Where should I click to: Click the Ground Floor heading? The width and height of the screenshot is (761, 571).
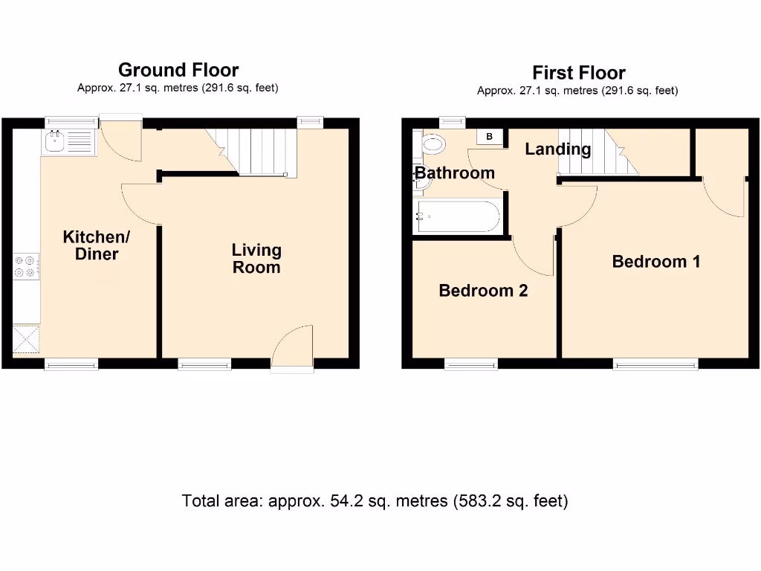point(178,70)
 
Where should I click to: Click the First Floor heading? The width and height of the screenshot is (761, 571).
point(578,73)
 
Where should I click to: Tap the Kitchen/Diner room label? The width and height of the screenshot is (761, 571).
point(97,245)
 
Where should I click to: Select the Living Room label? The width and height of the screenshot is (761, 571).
point(256,258)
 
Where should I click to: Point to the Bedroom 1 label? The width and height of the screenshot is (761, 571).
point(655,262)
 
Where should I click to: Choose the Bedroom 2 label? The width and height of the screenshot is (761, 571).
point(483,291)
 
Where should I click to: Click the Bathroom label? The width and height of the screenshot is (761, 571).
point(454,173)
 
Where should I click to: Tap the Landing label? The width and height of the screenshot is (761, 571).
point(557,149)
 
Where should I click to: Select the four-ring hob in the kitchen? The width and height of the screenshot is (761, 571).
point(26,266)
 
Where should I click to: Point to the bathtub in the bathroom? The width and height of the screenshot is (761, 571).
point(458,216)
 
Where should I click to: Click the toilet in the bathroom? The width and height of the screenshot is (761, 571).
point(431,143)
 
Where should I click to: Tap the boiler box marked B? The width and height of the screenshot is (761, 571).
point(490,137)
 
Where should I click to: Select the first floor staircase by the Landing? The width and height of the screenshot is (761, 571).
point(598,152)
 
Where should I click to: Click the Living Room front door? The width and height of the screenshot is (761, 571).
point(292,348)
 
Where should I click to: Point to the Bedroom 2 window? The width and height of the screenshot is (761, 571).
point(470,364)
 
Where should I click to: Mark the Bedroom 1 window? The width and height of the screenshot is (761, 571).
point(655,364)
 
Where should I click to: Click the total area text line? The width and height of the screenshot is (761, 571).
point(375,501)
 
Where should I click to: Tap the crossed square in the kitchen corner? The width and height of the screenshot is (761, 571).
point(26,339)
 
